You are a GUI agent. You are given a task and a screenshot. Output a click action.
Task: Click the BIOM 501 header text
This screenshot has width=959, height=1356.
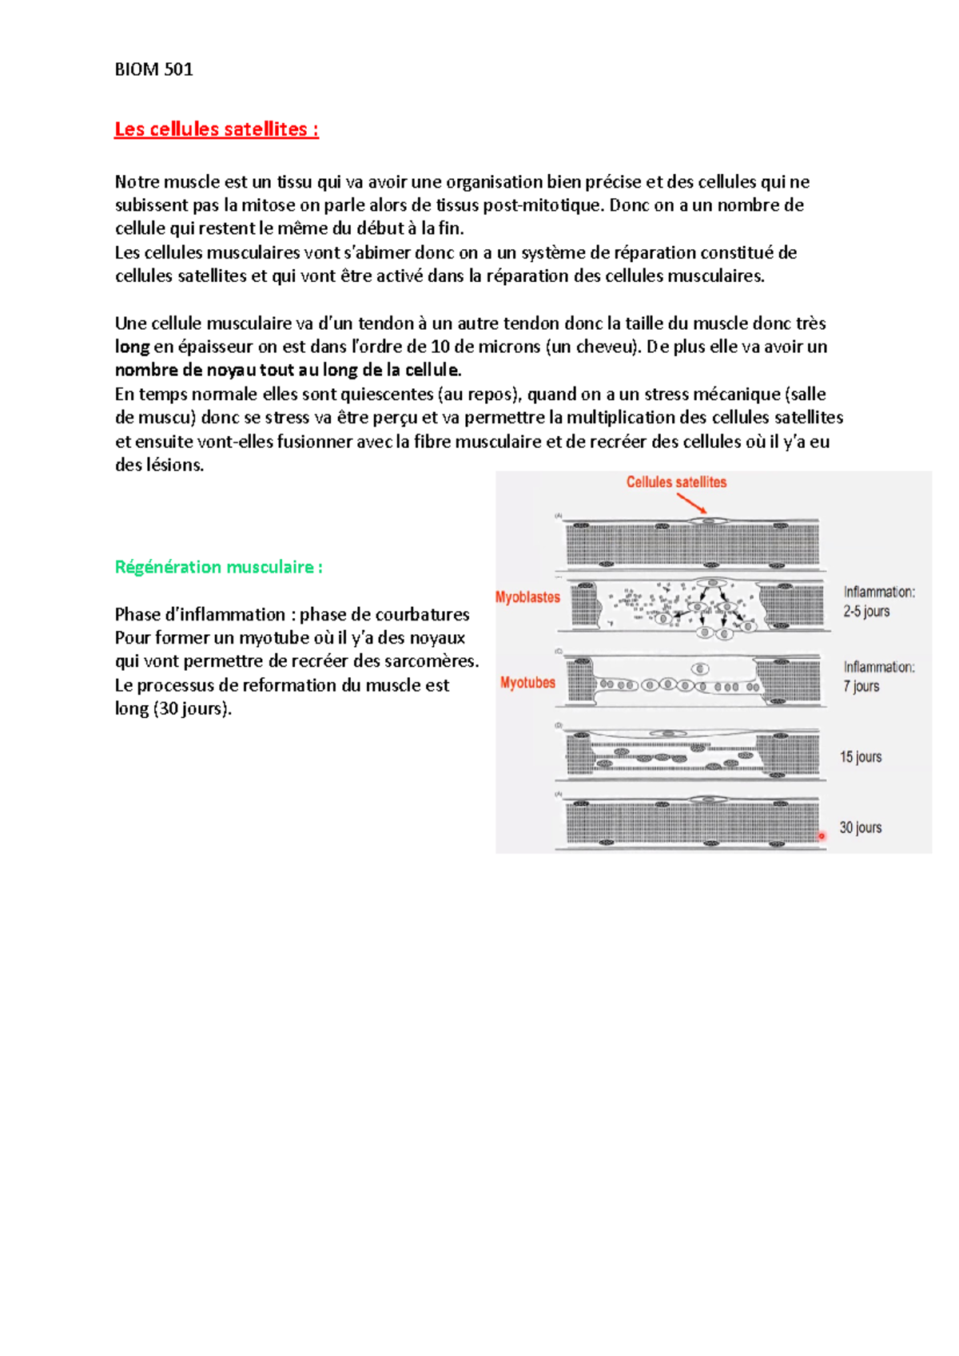pos(153,69)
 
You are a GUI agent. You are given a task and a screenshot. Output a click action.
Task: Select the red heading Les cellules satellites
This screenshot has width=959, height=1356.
pos(216,129)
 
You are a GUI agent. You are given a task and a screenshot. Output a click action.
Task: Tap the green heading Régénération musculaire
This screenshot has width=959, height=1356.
pos(218,567)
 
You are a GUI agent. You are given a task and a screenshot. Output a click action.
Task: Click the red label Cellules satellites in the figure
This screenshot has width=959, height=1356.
pos(676,482)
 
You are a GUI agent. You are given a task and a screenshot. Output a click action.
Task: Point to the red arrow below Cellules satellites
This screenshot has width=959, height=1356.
pos(692,504)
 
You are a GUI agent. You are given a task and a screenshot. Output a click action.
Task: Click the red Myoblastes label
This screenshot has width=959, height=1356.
pos(527,597)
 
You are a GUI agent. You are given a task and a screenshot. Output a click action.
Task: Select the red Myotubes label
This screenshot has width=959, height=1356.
pos(527,683)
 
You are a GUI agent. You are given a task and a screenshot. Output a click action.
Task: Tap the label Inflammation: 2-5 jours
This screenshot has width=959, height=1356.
pos(879,601)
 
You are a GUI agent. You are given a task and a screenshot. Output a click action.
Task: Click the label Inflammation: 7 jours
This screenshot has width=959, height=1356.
pos(879,676)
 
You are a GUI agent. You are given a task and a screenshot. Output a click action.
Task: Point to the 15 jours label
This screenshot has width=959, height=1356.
pos(861,757)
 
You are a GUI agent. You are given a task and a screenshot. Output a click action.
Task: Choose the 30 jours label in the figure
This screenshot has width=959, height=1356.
pos(861,828)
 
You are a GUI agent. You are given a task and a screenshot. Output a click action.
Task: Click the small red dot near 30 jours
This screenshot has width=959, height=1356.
pos(822,835)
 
